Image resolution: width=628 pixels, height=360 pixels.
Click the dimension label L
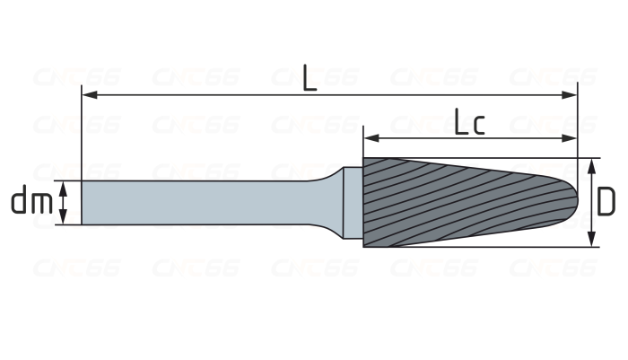(310, 78)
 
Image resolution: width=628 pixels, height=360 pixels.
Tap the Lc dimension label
(469, 121)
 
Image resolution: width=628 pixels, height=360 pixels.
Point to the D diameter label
(606, 202)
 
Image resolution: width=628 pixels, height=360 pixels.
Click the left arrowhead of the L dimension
(89, 95)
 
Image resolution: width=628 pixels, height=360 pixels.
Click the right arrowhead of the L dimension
(570, 95)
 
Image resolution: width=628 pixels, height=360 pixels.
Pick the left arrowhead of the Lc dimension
(371, 138)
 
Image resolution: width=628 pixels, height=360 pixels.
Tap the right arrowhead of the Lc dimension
(569, 138)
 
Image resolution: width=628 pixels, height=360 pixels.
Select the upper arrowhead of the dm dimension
(63, 189)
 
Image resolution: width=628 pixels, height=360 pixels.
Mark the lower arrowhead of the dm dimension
(63, 216)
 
